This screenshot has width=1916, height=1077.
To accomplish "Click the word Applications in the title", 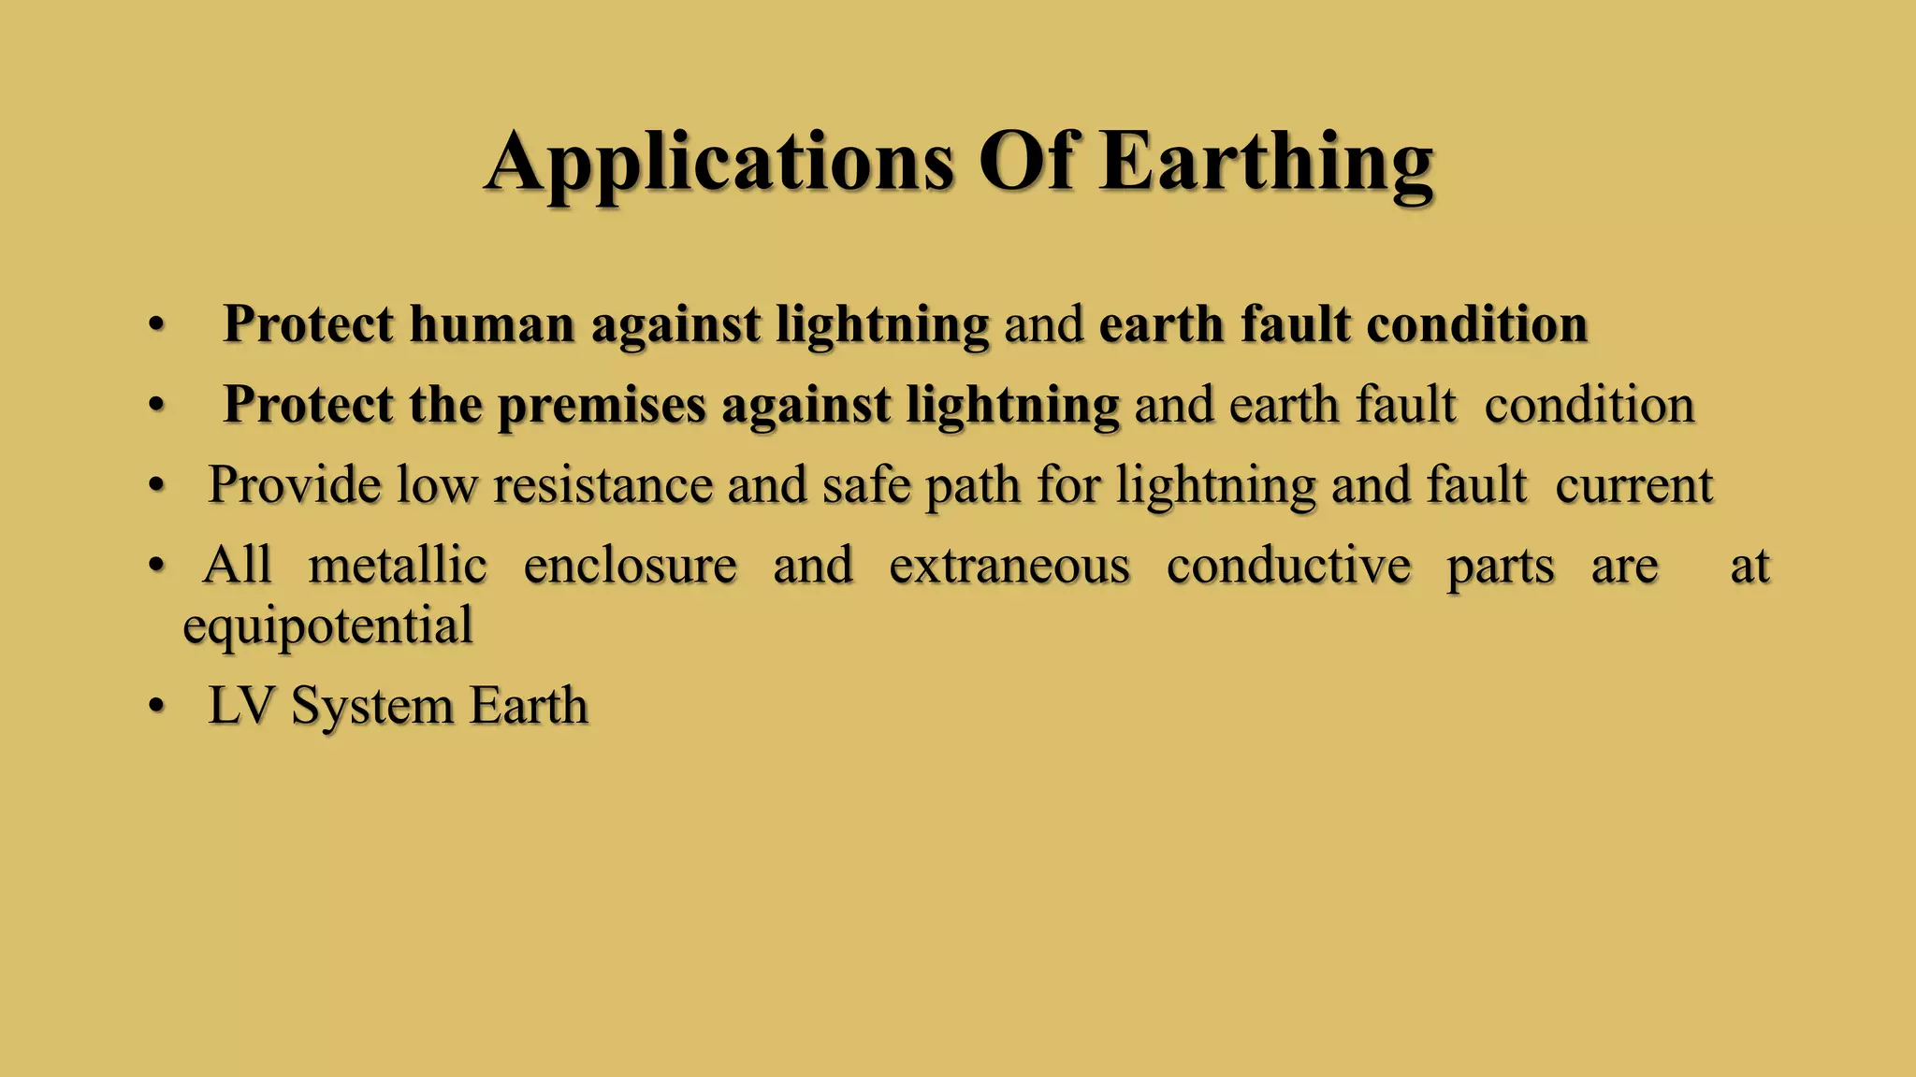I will click(719, 163).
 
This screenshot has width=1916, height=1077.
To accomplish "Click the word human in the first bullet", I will click(491, 324).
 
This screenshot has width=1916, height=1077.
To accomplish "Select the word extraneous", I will click(1009, 566).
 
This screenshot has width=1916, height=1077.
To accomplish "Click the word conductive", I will click(1288, 566).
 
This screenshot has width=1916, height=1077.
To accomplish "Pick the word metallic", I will click(398, 566).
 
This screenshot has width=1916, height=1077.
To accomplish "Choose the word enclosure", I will click(630, 566).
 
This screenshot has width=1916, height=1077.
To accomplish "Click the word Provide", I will click(294, 485).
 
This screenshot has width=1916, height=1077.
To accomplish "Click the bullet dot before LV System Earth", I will click(156, 707).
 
